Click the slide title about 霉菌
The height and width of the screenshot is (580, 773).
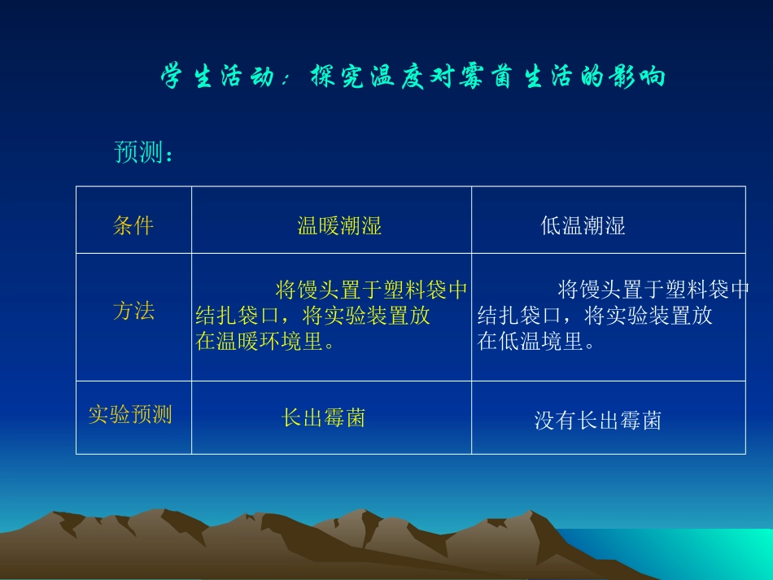tap(413, 77)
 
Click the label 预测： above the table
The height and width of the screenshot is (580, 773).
tap(144, 152)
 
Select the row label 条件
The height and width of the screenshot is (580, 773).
tap(133, 225)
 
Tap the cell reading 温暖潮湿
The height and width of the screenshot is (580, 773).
tap(339, 225)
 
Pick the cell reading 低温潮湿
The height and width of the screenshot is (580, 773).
tap(583, 225)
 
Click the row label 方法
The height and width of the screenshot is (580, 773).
tap(133, 311)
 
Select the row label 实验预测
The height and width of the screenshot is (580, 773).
tap(130, 414)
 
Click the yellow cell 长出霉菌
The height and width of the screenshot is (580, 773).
tap(323, 417)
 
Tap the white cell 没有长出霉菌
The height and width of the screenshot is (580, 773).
tap(597, 420)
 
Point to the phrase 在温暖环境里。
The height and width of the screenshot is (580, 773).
tap(266, 341)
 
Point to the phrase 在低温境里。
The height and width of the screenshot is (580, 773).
tap(537, 341)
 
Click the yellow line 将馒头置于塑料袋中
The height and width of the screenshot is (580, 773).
tap(372, 290)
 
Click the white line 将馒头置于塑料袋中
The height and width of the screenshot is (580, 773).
tap(653, 290)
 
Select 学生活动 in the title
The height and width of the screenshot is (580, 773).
tap(216, 77)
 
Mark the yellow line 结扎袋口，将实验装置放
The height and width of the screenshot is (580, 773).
tap(313, 316)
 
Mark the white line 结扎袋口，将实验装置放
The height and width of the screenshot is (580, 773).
tap(595, 316)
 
